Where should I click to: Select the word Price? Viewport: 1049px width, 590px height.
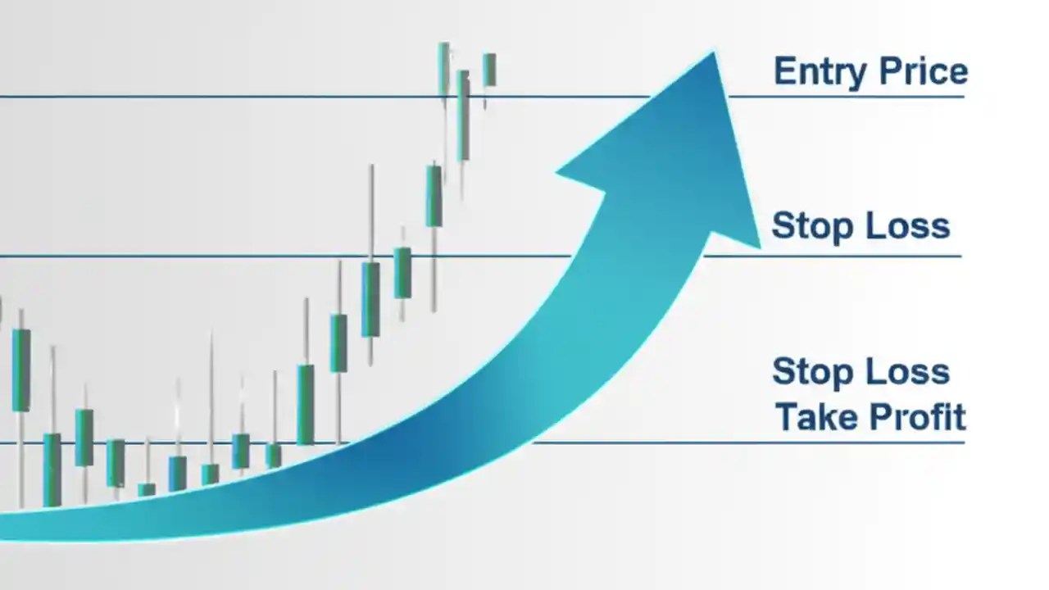[924, 72]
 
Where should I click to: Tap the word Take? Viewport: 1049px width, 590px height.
[816, 416]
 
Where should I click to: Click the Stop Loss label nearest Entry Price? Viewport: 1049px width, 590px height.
[861, 225]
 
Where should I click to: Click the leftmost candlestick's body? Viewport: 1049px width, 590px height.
[20, 370]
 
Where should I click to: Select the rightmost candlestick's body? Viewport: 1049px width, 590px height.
[489, 70]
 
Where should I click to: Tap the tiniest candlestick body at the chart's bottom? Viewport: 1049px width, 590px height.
[147, 489]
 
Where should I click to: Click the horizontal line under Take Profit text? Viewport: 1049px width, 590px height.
[869, 442]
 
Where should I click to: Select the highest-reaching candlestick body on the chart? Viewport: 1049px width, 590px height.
[443, 70]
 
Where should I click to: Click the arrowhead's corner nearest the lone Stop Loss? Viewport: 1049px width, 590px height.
[758, 245]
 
